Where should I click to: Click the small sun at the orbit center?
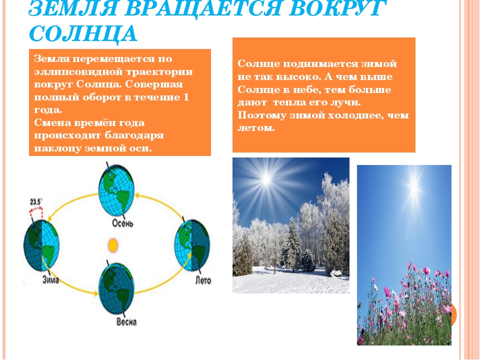point(113,245)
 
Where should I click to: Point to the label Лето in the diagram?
point(203,280)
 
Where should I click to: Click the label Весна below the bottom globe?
point(126,322)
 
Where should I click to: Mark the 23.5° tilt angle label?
point(36,202)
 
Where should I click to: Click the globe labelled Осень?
point(116,190)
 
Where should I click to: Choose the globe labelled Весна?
point(116,288)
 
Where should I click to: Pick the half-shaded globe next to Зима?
point(41,245)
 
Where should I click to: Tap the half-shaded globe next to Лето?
point(192,245)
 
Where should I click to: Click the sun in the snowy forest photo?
point(266,179)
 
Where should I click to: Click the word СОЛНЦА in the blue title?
point(83,33)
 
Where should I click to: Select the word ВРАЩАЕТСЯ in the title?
point(201,8)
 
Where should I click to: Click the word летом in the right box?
point(256,128)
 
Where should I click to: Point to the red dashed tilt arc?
point(36,210)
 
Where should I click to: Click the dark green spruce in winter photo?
point(292,245)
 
